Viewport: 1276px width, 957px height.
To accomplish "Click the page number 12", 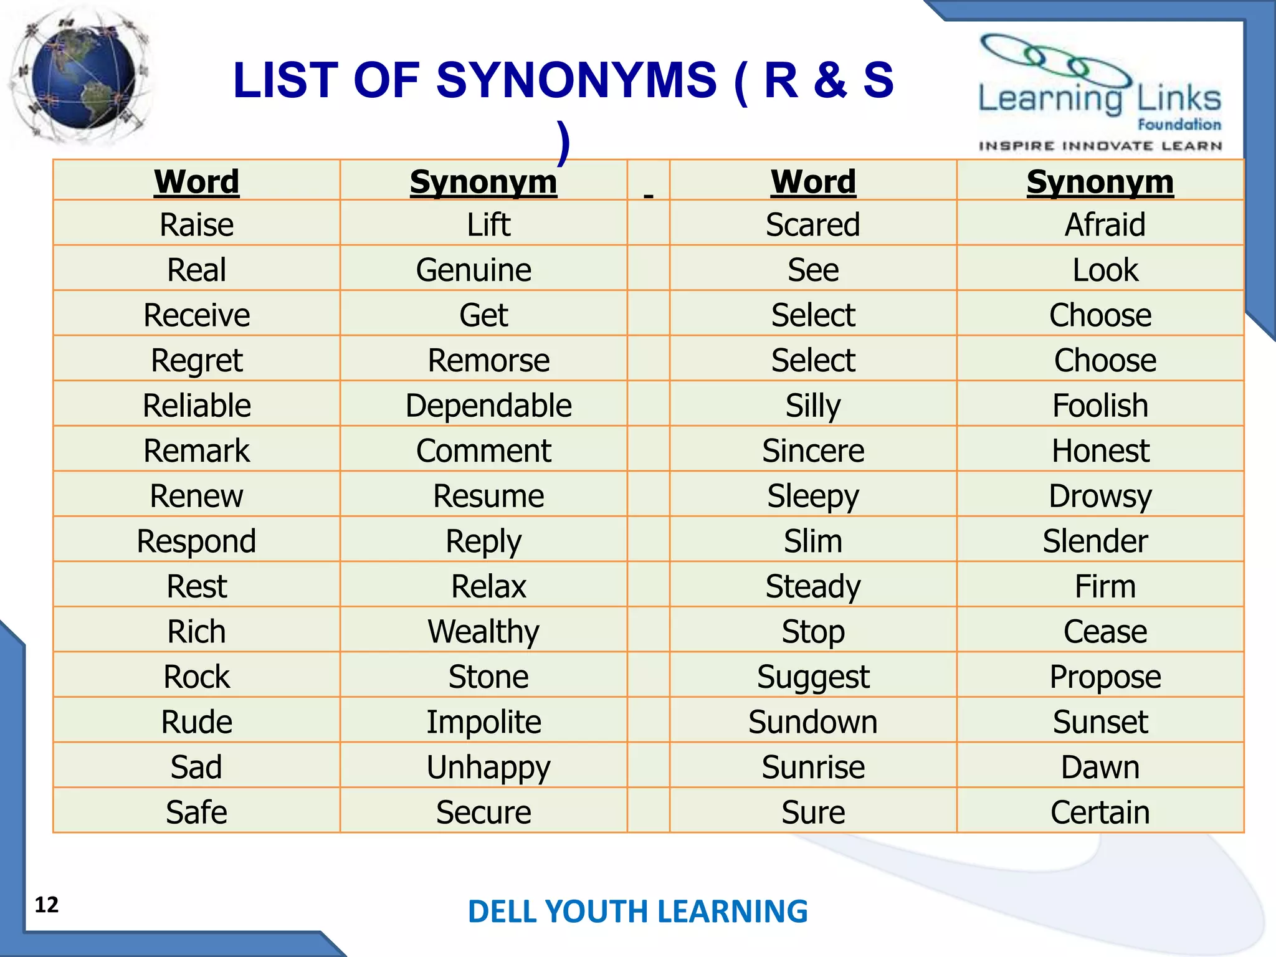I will pos(47,904).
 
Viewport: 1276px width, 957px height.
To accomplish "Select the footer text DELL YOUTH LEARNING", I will pos(637,911).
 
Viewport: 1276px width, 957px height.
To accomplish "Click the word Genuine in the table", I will pos(474,270).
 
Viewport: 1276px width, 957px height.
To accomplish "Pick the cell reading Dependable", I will pos(488,406).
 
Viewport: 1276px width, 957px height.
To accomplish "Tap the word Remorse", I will pos(488,360).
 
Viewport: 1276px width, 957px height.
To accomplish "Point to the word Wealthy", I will pos(483,632).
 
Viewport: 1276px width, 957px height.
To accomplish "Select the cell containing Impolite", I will pos(483,722).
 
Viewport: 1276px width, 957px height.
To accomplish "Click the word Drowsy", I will pos(1100,496).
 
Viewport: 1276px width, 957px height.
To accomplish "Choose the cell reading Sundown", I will pos(813,722).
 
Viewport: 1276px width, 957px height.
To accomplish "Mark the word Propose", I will pos(1105,677).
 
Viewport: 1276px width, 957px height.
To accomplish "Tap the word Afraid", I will pos(1105,224).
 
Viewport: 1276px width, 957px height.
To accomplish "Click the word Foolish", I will pos(1100,406).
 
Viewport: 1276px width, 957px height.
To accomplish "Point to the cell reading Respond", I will pos(196,541).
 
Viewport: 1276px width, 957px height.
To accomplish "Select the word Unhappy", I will pos(488,767).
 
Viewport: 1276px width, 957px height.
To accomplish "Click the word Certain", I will pos(1100,812).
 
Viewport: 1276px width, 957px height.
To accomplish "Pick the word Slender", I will pos(1095,541).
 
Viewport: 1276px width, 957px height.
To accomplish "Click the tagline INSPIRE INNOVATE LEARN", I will pos(1100,146).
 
